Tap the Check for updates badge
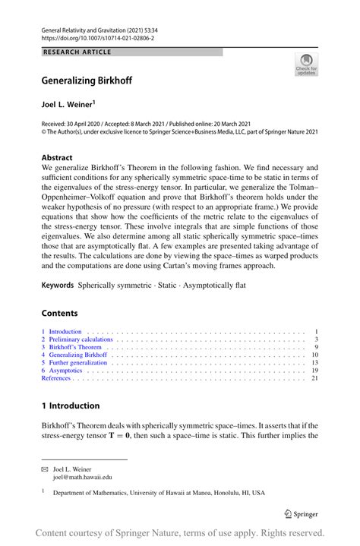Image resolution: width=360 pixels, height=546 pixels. (306, 65)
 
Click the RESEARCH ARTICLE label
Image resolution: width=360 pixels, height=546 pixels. (77, 52)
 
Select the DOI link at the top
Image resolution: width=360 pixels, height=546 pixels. (95, 36)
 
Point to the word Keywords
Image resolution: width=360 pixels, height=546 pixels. (58, 285)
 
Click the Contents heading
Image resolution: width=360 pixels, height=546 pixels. (59, 313)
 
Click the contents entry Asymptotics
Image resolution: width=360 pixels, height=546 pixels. (65, 370)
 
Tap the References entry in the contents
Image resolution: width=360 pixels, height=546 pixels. (55, 377)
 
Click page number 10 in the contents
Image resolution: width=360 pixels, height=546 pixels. (314, 355)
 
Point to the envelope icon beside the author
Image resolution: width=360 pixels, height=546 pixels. (45, 470)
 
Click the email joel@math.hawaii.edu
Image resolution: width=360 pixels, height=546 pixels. (82, 478)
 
